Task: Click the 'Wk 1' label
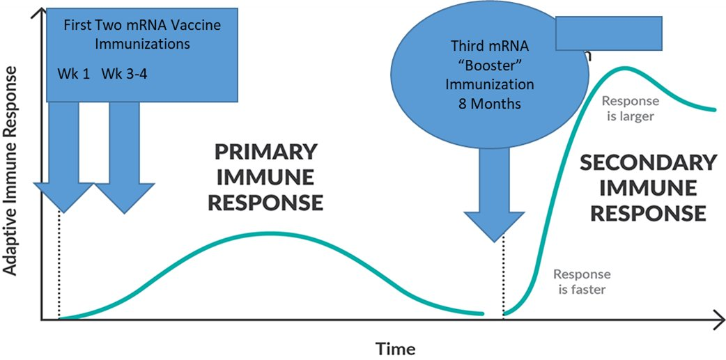click(73, 73)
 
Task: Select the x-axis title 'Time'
click(396, 348)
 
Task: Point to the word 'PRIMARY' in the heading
click(266, 152)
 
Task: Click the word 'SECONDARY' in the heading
click(648, 162)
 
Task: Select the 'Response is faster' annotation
click(582, 281)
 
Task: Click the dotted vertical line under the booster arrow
click(503, 279)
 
